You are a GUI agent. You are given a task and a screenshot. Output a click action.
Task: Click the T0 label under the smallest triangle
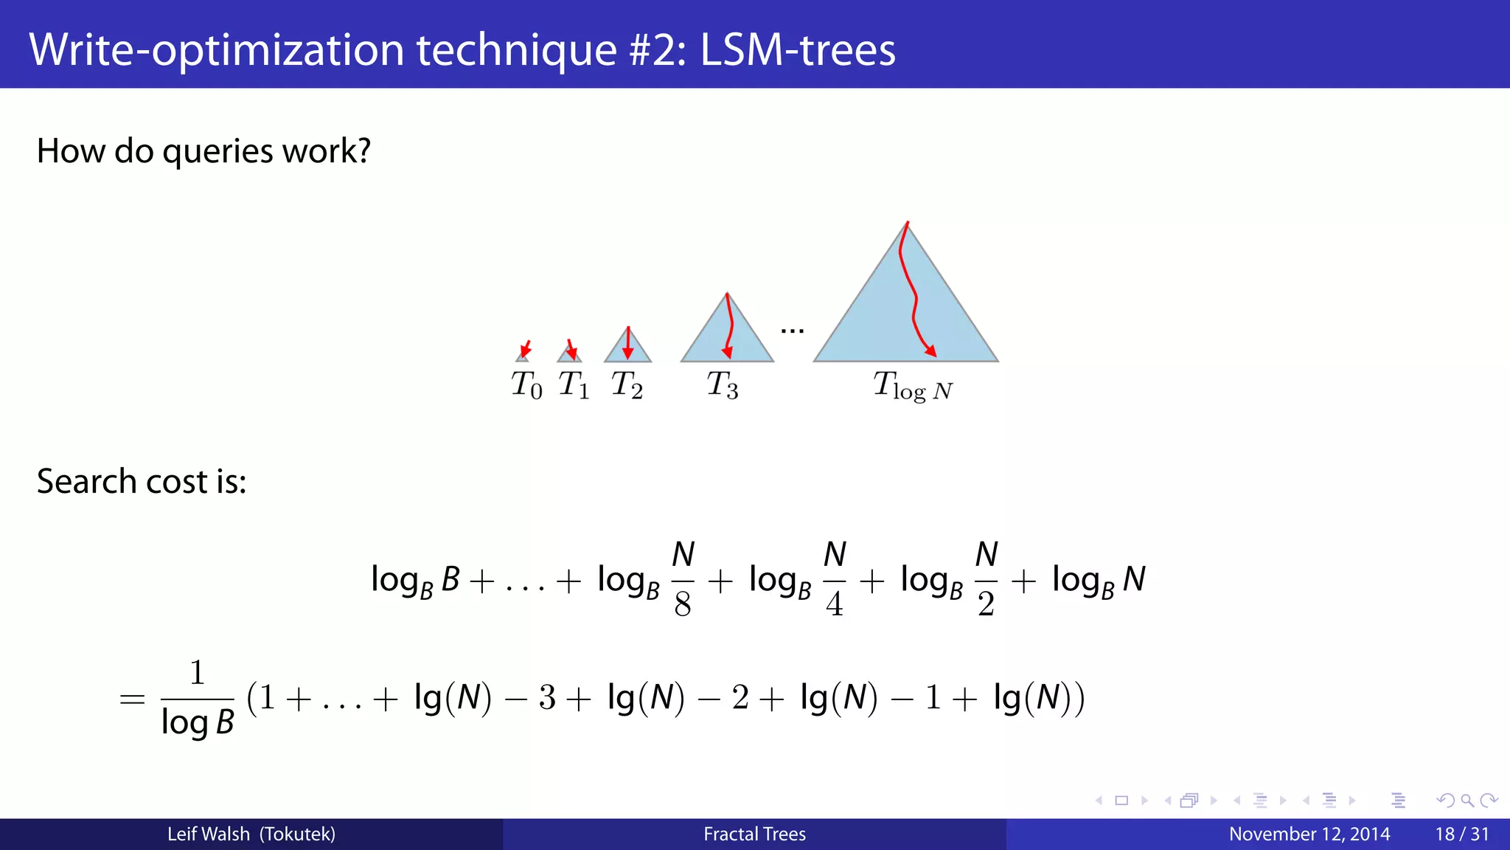point(526,385)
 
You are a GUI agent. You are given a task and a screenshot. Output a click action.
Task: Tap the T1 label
point(574,385)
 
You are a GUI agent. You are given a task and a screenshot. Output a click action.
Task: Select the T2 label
point(627,385)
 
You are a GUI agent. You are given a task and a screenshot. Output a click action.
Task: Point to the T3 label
point(723,385)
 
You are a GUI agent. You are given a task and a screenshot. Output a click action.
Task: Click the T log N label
point(913,387)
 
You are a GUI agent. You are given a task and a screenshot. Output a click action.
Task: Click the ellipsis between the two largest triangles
point(793,331)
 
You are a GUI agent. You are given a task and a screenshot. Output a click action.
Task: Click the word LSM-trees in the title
point(798,50)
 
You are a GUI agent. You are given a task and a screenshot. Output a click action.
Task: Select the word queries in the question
point(218,152)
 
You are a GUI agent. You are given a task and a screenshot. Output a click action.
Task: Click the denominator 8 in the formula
point(683,605)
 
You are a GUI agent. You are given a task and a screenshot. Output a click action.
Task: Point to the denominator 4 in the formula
point(835,605)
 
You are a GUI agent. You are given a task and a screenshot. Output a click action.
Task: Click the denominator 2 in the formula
point(987,605)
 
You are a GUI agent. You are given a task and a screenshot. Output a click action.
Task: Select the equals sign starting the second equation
point(132,699)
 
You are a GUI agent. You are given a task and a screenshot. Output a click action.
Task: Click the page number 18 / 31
point(1461,835)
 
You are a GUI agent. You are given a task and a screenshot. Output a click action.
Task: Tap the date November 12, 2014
point(1309,835)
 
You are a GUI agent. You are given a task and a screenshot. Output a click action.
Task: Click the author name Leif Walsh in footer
point(209,835)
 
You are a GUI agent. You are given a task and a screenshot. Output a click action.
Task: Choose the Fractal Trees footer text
point(754,835)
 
